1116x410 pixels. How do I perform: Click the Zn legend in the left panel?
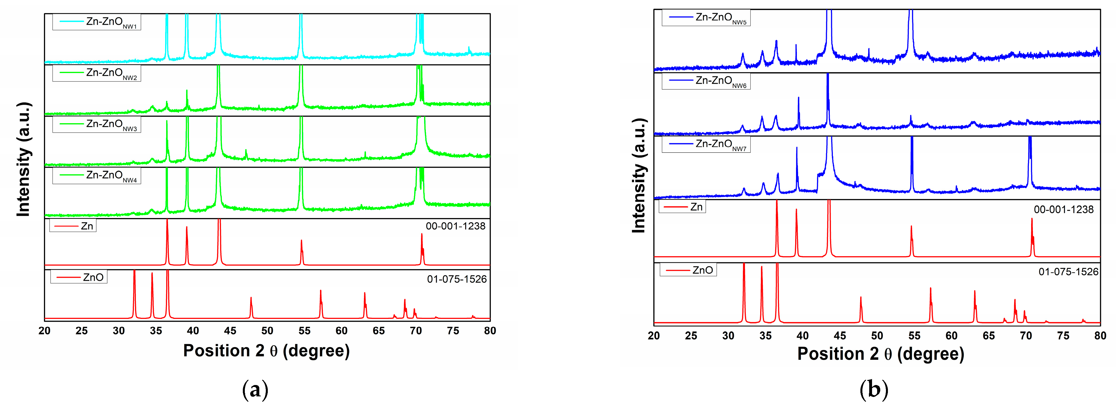point(73,226)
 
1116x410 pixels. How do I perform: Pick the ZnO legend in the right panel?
point(688,270)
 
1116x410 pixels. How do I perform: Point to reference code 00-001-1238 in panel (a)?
point(455,226)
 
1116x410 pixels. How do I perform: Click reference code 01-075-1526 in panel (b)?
point(1068,272)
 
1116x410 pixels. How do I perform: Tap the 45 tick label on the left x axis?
point(230,331)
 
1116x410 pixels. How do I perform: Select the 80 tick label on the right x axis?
point(1100,335)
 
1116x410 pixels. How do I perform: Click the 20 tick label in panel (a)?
point(45,331)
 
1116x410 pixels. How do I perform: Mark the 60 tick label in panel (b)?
point(951,335)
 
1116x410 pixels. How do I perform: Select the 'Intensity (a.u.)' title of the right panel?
point(639,175)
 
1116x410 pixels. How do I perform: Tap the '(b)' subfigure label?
point(873,390)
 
